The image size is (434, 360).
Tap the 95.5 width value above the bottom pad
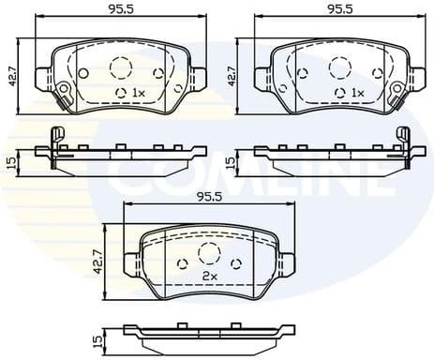(207, 197)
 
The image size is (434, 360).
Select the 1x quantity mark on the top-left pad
(137, 93)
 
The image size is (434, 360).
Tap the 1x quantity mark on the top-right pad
(357, 93)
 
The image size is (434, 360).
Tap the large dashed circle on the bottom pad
(208, 250)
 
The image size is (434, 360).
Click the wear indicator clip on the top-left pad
(64, 91)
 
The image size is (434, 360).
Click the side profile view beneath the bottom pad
(208, 331)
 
